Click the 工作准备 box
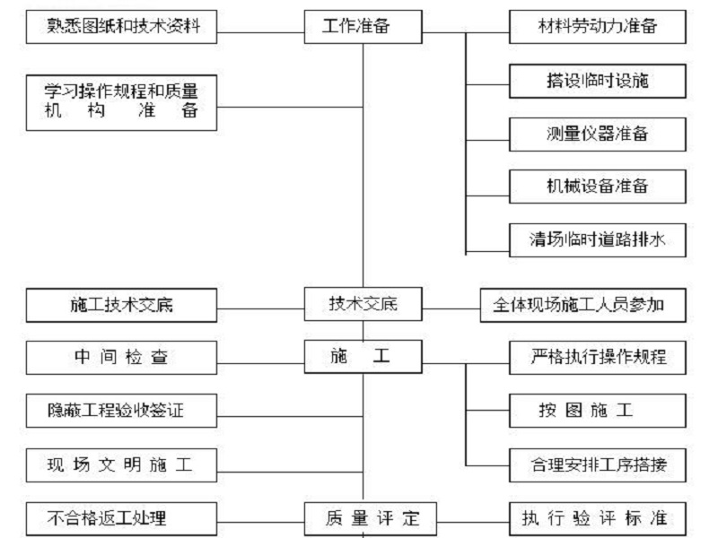[363, 27]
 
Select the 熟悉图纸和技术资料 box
[121, 27]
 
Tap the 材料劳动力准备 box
[598, 27]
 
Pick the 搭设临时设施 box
[598, 81]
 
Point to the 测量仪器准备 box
[598, 134]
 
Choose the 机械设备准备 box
[598, 187]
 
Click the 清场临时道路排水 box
[598, 240]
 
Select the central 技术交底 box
[363, 304]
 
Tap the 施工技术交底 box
[121, 305]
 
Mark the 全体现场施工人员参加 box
[582, 305]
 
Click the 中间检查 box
[121, 358]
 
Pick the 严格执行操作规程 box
[598, 358]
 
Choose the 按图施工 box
[598, 411]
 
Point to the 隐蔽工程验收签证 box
[121, 411]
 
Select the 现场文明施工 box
[121, 465]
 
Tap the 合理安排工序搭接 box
[598, 465]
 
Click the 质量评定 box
[371, 519]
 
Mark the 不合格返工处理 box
[121, 519]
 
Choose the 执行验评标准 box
[598, 519]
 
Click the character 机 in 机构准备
[53, 110]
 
